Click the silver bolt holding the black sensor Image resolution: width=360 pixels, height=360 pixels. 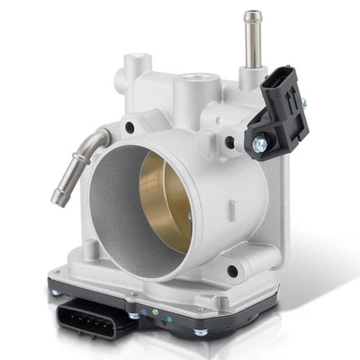[259, 143]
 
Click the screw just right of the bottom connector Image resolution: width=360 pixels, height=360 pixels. [133, 316]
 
